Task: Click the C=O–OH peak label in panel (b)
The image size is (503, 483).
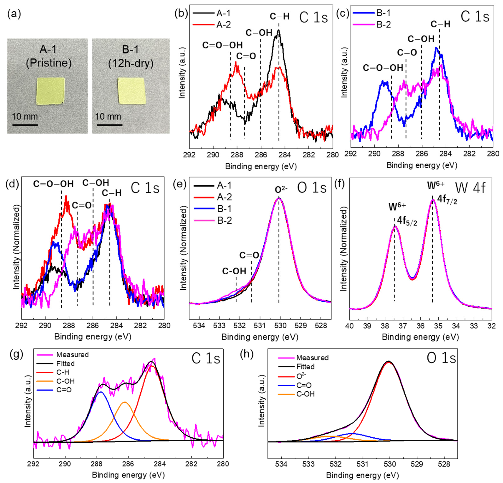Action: click(x=222, y=45)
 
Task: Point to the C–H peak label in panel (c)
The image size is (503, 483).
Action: click(x=440, y=24)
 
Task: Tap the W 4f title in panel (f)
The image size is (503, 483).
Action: click(x=470, y=188)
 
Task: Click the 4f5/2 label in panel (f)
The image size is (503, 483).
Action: click(x=407, y=221)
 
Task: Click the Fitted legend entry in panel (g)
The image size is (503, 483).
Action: click(x=65, y=363)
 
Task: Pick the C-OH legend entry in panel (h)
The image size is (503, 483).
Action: click(x=305, y=394)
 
